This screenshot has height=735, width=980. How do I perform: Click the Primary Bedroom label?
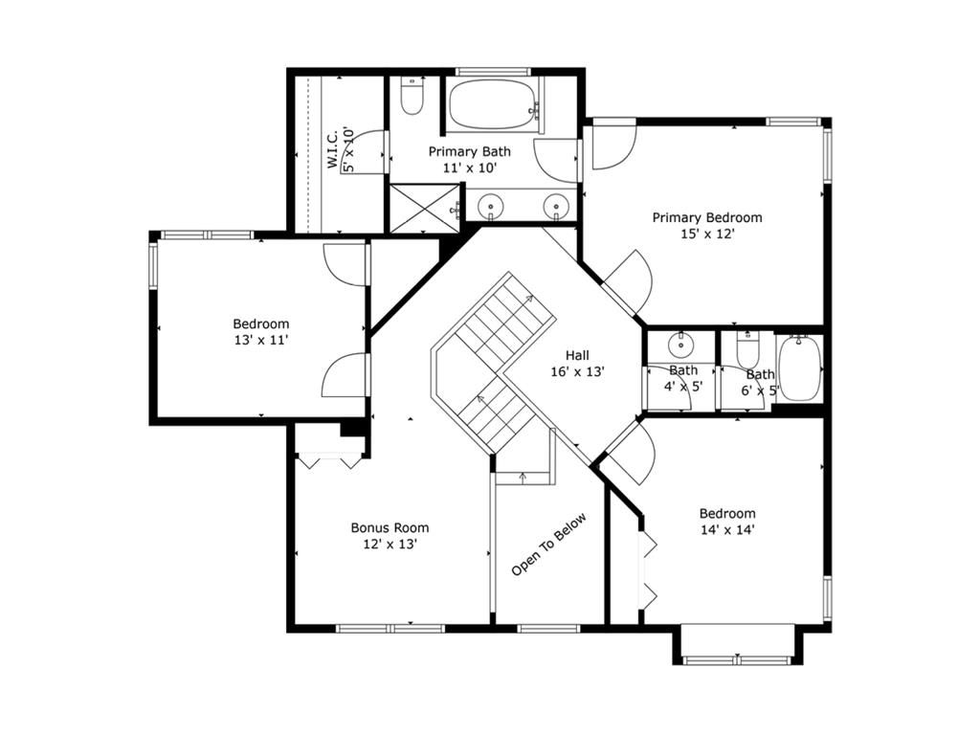click(x=707, y=217)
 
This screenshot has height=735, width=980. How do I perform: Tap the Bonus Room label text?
click(x=390, y=527)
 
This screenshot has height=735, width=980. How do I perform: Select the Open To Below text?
click(x=548, y=545)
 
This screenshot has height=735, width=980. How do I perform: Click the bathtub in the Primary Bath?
click(x=493, y=103)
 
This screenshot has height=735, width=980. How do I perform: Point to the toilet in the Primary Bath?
click(x=412, y=96)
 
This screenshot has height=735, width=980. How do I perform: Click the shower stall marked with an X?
click(x=424, y=208)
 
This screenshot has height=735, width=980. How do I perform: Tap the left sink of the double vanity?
click(x=491, y=206)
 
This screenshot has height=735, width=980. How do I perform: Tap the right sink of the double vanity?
click(x=556, y=206)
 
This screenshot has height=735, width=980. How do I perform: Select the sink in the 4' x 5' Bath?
click(x=679, y=345)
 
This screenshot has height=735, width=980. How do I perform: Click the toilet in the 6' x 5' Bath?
click(x=747, y=350)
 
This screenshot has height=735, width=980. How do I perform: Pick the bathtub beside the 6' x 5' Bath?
click(x=799, y=368)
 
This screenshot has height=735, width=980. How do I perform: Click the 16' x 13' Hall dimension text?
click(x=577, y=372)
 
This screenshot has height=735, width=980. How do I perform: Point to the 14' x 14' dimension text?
click(x=727, y=530)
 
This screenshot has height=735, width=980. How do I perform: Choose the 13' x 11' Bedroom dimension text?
click(x=261, y=341)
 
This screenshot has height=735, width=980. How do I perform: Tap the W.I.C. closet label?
click(x=332, y=148)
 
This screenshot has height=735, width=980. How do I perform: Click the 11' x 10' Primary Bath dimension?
click(x=469, y=168)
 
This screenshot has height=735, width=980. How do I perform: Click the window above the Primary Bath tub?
click(x=493, y=71)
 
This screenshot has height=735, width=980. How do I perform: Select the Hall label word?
click(x=577, y=356)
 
